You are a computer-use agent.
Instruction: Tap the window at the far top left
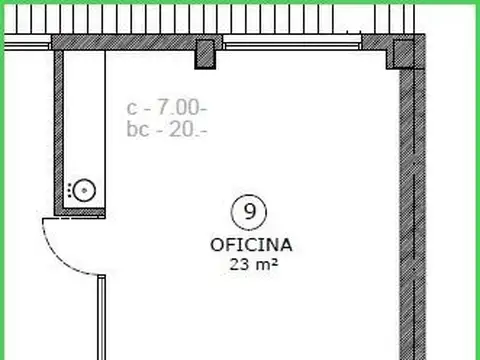(x=25, y=43)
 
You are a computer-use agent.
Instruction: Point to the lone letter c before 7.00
(x=132, y=106)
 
